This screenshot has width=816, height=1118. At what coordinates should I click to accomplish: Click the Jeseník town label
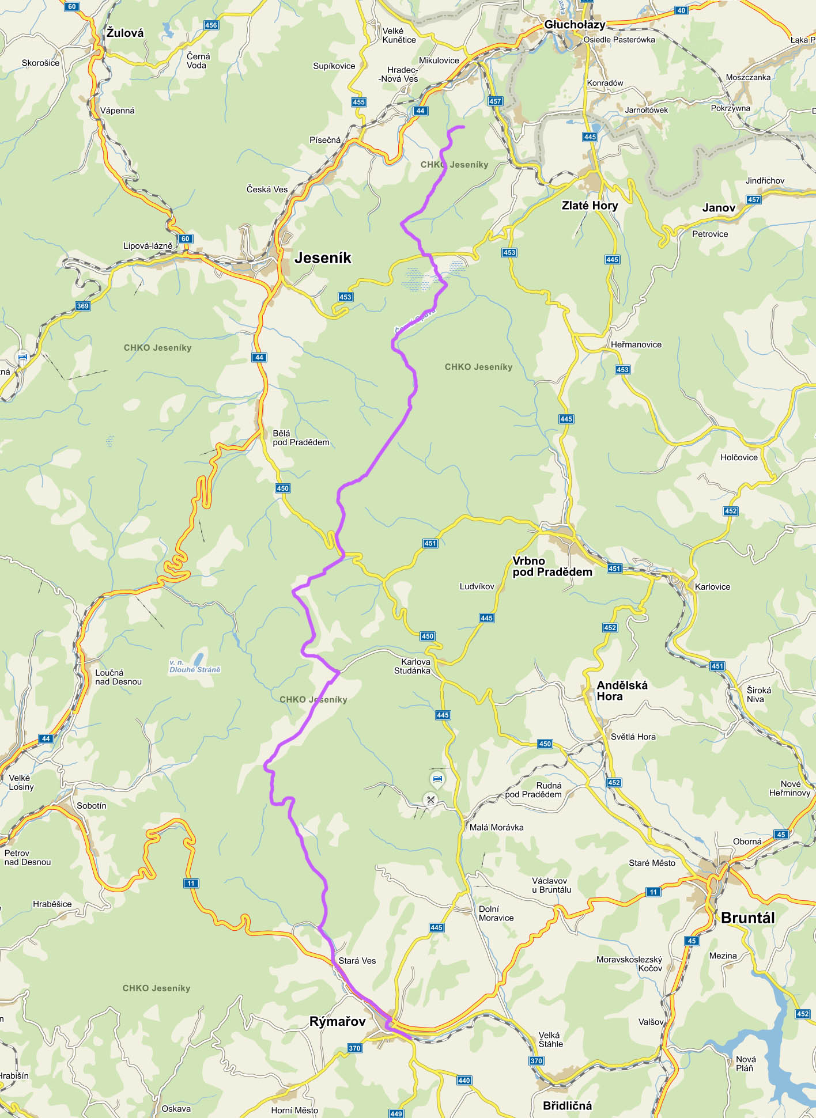tap(323, 258)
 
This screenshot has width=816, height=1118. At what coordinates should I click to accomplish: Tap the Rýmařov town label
tap(338, 1021)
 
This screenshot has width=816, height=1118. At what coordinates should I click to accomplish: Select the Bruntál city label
tap(747, 918)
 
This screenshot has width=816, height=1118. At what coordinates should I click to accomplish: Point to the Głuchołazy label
tap(575, 25)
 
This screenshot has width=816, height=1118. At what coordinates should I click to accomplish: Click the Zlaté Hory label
tap(590, 206)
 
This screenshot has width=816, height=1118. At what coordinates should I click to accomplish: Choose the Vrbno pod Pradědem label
tap(551, 566)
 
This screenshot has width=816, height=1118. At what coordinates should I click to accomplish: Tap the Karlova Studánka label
tap(412, 666)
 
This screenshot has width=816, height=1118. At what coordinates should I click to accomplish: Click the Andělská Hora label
tap(622, 691)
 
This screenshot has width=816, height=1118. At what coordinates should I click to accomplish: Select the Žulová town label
tap(125, 33)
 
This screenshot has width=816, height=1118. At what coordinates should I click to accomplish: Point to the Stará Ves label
tap(357, 960)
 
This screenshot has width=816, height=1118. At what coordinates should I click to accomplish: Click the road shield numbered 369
tap(83, 306)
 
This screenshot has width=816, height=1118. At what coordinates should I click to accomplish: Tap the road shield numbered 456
tap(211, 25)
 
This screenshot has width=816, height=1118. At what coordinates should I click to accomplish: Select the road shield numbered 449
tap(396, 1113)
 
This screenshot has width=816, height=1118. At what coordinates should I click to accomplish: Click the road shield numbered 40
tap(681, 10)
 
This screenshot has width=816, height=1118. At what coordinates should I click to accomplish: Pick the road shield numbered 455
tap(358, 102)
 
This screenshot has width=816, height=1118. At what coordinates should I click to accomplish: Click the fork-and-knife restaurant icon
tap(430, 799)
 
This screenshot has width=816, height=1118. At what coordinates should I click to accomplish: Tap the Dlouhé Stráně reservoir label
tap(195, 666)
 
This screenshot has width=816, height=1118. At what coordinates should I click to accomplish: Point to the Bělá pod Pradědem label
tap(300, 438)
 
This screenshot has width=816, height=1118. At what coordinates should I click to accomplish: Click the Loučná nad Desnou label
tap(118, 677)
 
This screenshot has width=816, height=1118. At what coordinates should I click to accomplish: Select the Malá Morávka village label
tap(496, 827)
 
